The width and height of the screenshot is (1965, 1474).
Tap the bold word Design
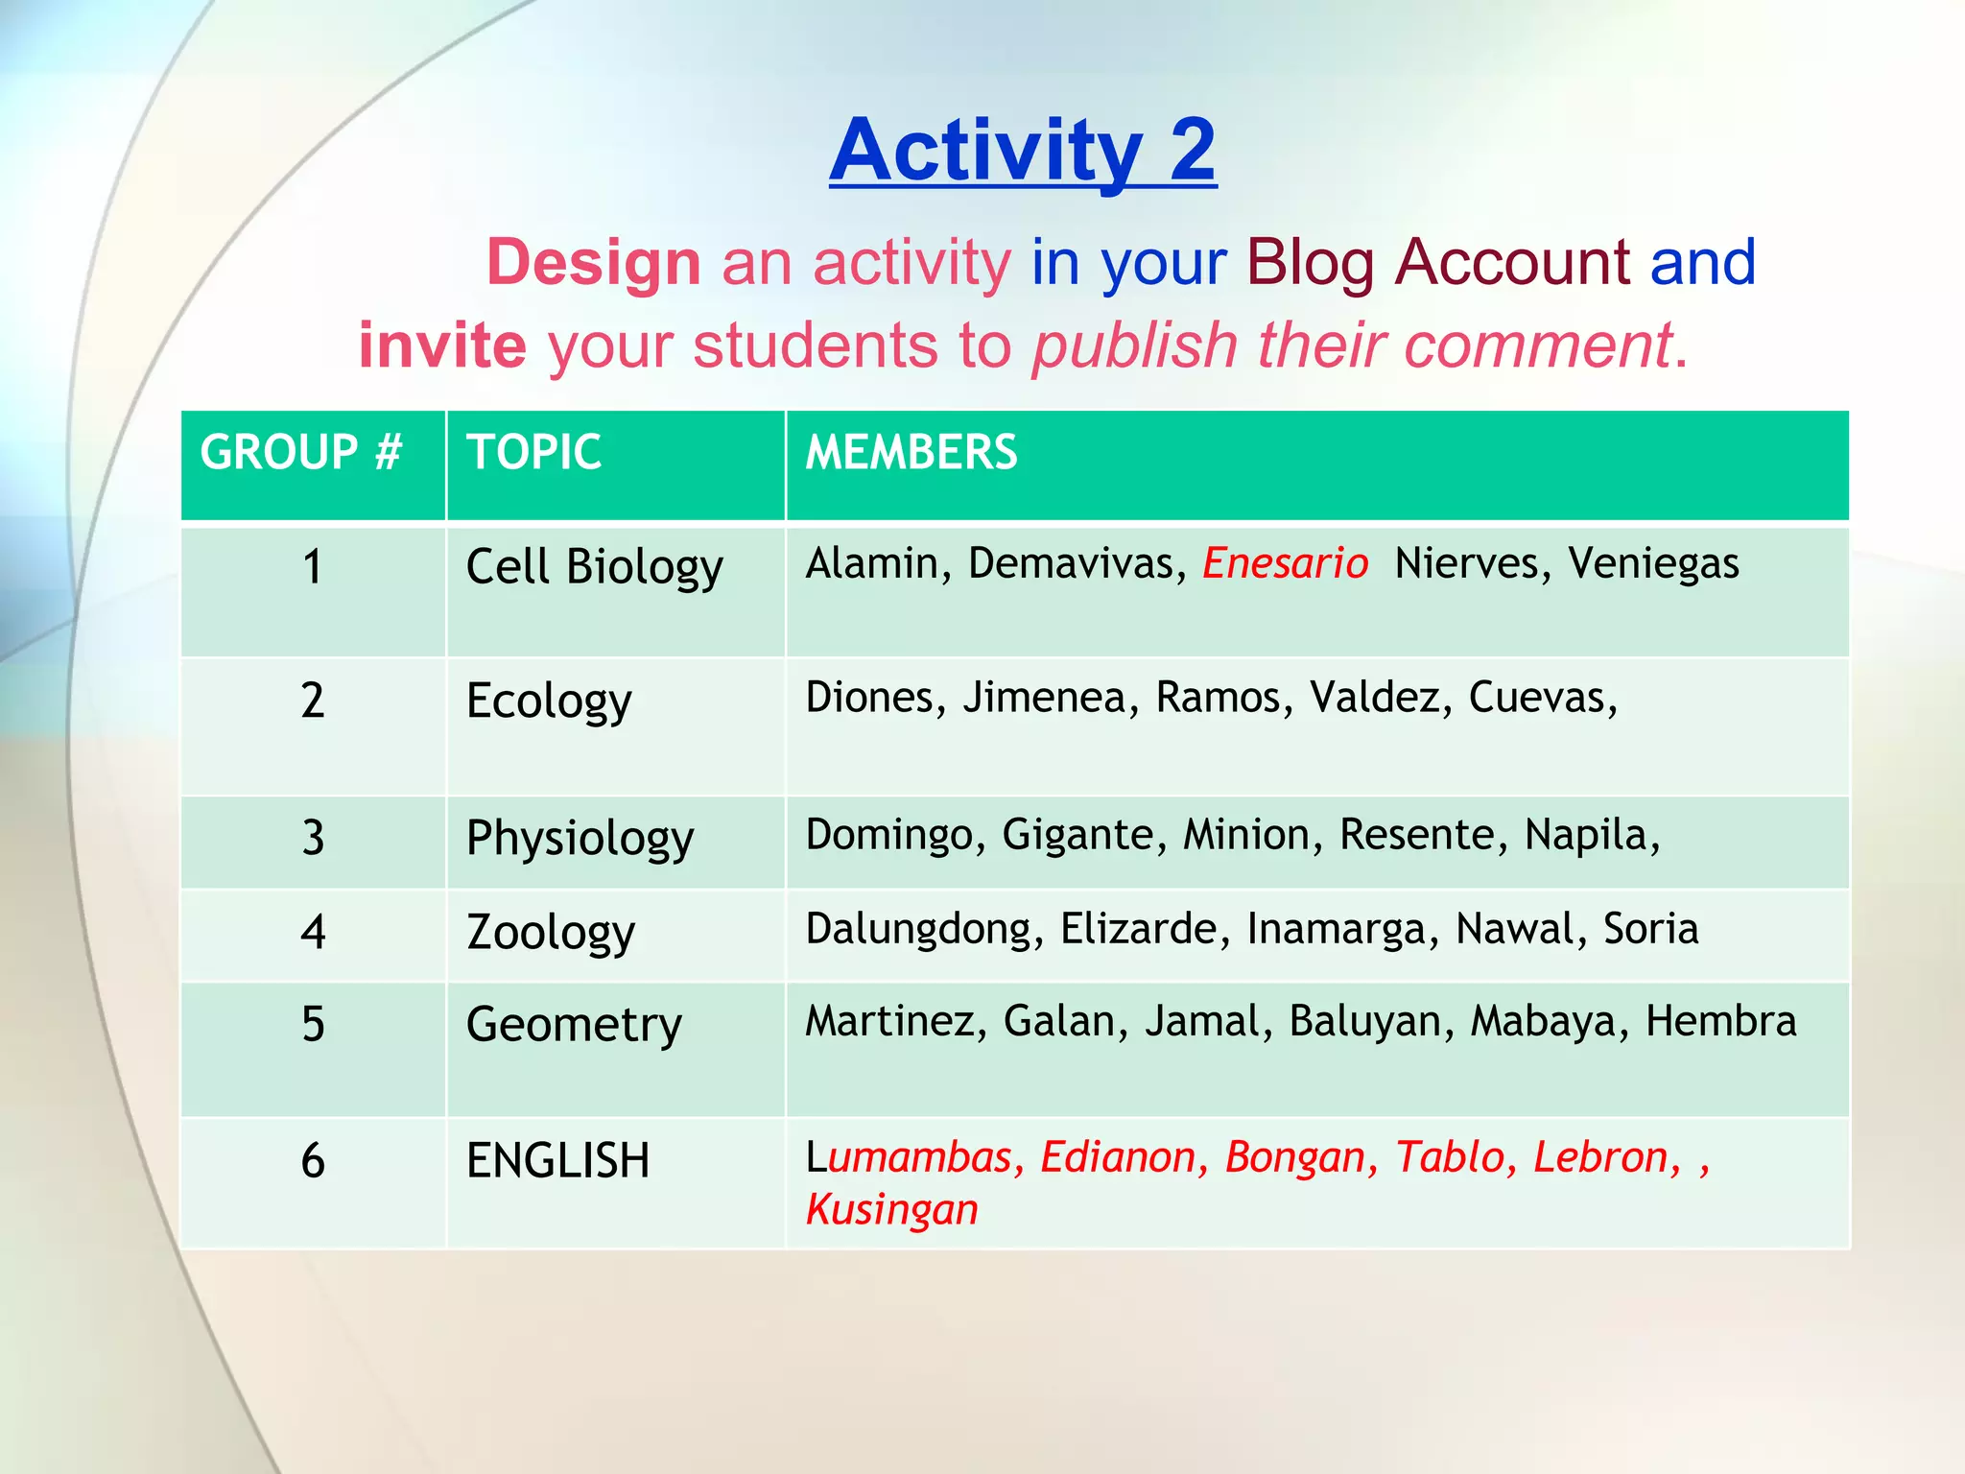click(594, 263)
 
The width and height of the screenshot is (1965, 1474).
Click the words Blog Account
click(1438, 262)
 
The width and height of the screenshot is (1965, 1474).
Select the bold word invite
click(442, 345)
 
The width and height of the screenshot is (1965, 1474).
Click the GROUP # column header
click(301, 452)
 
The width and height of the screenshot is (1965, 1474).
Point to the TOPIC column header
click(533, 452)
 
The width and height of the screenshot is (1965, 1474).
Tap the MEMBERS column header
click(911, 452)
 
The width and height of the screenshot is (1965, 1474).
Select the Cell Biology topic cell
click(594, 566)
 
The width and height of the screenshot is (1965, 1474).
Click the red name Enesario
click(1285, 563)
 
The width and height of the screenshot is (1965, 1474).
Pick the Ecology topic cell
click(549, 701)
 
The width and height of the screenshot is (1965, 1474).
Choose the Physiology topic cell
click(580, 839)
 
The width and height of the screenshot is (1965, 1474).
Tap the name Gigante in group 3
click(1077, 835)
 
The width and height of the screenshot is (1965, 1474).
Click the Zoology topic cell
click(551, 932)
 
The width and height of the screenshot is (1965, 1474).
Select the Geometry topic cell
click(574, 1024)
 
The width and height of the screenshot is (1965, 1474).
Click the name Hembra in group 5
click(1720, 1021)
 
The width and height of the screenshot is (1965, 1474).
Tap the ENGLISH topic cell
click(557, 1160)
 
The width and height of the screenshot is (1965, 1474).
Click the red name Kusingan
click(891, 1210)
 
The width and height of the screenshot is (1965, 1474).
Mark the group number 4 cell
click(313, 932)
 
